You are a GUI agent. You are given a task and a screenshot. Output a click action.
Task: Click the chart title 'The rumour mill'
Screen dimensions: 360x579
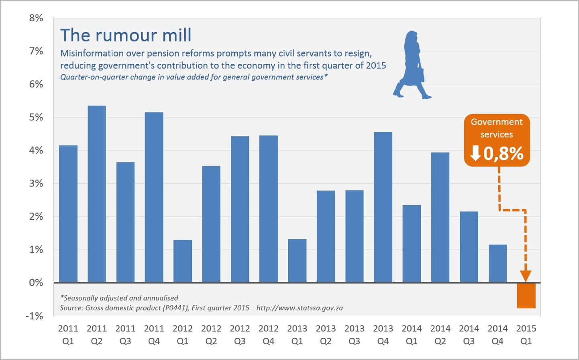(x=126, y=35)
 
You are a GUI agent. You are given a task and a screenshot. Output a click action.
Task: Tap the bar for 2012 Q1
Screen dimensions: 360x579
(x=183, y=261)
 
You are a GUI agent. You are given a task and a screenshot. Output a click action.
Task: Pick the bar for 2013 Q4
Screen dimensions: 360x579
(x=383, y=207)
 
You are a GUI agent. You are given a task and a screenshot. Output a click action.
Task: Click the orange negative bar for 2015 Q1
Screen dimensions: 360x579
(x=526, y=296)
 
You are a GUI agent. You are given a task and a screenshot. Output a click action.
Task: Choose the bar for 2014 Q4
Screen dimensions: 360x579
(x=497, y=264)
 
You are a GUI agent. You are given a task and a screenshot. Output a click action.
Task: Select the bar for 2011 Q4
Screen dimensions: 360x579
(x=154, y=197)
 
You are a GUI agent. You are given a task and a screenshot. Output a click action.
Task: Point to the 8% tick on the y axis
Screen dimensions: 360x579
(x=36, y=18)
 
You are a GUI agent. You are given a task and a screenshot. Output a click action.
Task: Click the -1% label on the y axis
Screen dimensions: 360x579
(x=35, y=316)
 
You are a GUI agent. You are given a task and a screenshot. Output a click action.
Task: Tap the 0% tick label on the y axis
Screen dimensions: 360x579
(x=36, y=283)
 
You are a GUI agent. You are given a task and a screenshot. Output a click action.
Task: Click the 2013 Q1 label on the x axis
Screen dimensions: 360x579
(x=297, y=335)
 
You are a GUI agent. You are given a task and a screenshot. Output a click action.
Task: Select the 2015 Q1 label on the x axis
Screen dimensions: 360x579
(x=526, y=335)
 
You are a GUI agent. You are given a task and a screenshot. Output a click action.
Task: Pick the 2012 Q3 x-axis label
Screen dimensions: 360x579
(x=240, y=335)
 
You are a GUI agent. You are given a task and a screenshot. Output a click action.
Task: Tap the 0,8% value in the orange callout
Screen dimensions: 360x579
(x=504, y=153)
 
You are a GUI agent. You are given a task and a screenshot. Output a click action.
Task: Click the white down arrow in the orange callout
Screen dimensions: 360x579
(x=475, y=153)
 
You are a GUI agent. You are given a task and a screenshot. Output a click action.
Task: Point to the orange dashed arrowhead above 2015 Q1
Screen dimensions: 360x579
(x=526, y=276)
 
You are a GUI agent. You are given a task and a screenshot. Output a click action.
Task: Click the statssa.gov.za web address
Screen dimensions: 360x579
(x=300, y=308)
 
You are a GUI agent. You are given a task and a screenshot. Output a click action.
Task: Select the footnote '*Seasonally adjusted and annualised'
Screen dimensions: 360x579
(x=119, y=298)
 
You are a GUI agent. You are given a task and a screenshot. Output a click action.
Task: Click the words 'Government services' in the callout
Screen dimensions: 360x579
(x=497, y=128)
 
